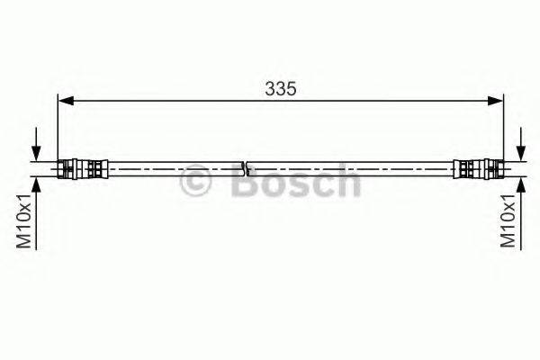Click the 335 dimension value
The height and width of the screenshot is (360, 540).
(x=281, y=88)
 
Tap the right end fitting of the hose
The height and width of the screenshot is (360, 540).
(x=478, y=167)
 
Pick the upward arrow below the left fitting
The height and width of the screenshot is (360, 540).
(x=36, y=186)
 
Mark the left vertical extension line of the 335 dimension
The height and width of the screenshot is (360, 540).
(x=57, y=130)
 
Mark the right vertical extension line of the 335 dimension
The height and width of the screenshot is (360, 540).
(x=503, y=130)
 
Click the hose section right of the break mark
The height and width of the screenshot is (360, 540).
(x=351, y=167)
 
